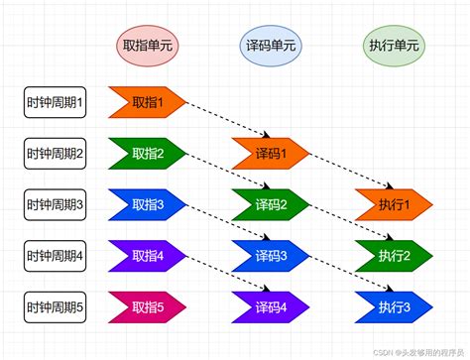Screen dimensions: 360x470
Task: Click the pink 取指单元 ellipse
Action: [x=148, y=45]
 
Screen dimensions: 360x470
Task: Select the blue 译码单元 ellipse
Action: [x=270, y=45]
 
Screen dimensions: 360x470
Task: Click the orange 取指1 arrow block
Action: [x=148, y=101]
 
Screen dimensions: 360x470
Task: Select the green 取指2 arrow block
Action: [x=148, y=153]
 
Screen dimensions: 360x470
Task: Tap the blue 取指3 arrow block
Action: [x=148, y=204]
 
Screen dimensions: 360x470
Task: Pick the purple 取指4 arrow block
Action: [x=148, y=256]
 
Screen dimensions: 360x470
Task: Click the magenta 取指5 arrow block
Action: [x=148, y=307]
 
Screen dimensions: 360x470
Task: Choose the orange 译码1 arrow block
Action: [x=271, y=153]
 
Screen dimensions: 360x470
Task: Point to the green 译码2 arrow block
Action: [x=271, y=204]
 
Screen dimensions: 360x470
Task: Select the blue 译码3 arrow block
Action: [x=271, y=256]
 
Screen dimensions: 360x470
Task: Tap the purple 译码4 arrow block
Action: [x=271, y=307]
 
